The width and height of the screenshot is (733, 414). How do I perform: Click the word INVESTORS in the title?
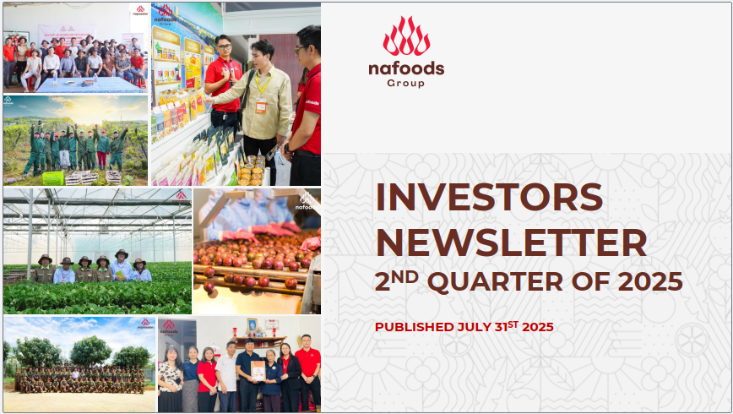pos(490,197)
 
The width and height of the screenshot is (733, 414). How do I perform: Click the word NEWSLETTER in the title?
pos(512,242)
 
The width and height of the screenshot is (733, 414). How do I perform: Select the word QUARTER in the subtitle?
pos(495,282)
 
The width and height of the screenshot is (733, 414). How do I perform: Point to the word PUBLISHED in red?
pos(414,327)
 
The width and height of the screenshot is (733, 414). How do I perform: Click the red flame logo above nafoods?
pos(406,36)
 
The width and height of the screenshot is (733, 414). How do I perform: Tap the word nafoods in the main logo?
pos(406,69)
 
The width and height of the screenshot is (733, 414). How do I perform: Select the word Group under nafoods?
pos(405,84)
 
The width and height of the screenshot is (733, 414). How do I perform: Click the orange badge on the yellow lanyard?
pos(261,106)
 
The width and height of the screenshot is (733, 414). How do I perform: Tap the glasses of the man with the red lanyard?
pos(224,46)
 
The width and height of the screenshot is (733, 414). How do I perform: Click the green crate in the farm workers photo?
pos(53,177)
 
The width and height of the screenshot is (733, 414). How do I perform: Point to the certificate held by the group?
pos(258,370)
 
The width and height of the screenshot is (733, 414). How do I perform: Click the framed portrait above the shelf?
pos(252,325)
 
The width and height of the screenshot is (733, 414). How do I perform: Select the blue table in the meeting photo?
pos(89,85)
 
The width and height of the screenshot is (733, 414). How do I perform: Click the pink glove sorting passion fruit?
pos(272,229)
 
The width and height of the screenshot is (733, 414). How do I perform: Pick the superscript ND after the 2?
pos(405,277)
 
